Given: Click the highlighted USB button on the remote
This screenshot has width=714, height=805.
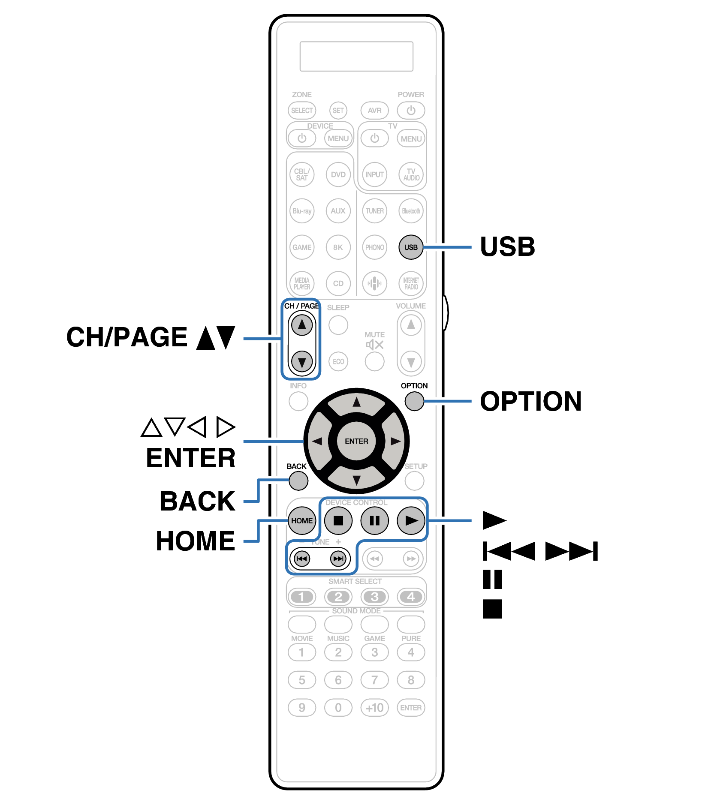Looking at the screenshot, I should coord(410,247).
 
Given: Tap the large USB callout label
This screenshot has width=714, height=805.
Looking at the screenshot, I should coord(507,247).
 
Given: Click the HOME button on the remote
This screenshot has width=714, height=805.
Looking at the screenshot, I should coord(301,521).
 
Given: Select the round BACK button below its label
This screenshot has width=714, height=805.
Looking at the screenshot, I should coord(298,481).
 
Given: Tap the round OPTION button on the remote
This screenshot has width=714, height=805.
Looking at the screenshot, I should coord(414,401).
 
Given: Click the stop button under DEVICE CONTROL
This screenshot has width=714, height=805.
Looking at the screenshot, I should coord(338,521).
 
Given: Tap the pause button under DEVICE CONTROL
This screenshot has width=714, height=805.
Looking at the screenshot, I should coord(374,521).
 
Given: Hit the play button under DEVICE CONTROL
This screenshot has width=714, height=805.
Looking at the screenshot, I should coord(411,521).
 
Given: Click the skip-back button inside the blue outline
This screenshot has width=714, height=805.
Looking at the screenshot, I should coord(302,559).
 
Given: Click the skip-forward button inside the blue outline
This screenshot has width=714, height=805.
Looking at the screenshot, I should coord(338,559).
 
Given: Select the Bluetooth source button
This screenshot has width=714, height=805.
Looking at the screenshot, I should coord(411,211).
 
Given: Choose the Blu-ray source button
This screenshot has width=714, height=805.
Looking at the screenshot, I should coord(302,211).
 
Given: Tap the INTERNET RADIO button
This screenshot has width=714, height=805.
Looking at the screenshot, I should coord(411,283).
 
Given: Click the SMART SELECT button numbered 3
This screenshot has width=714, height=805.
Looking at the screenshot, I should coord(374,597).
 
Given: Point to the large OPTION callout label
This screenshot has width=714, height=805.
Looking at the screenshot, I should coord(530,402).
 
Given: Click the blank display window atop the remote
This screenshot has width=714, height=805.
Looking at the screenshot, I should coord(356,56).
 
